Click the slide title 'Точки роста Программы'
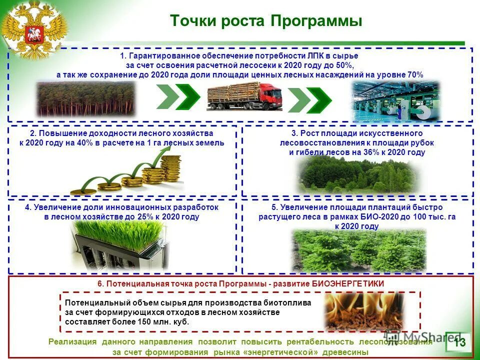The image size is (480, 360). click(265, 21)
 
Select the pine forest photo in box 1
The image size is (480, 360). click(86, 98)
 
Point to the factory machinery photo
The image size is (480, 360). click(395, 100)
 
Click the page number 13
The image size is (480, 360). click(459, 342)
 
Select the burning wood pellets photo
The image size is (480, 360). click(364, 311)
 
